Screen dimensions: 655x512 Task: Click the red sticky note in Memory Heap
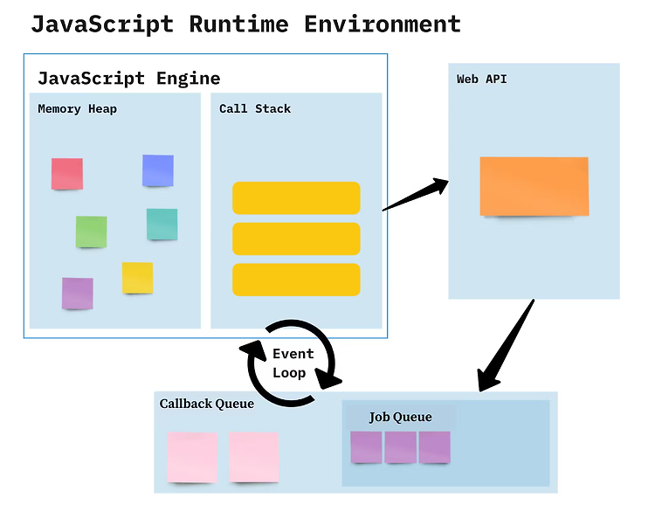(x=67, y=174)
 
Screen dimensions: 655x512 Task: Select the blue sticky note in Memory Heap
(x=158, y=170)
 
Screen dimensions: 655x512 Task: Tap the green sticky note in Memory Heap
(x=91, y=232)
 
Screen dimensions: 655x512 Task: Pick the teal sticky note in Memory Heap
(x=162, y=225)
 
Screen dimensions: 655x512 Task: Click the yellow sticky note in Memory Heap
(x=137, y=278)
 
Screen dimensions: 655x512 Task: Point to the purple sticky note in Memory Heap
(x=77, y=294)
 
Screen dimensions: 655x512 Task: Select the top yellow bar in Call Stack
(x=296, y=198)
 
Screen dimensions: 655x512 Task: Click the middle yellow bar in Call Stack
(x=296, y=239)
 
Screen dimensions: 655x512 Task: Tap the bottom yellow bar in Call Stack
(x=296, y=280)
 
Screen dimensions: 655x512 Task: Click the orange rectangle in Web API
(x=534, y=186)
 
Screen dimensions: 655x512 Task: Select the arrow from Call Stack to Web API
(x=416, y=195)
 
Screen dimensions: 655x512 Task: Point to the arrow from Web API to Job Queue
(x=506, y=345)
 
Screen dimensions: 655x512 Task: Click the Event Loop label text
(x=293, y=363)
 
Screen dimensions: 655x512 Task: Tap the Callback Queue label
(x=207, y=404)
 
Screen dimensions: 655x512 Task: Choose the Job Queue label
(x=400, y=417)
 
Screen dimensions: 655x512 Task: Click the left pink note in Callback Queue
(x=192, y=458)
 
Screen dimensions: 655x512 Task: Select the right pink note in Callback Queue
(x=254, y=458)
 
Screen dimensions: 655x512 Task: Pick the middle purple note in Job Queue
(x=400, y=447)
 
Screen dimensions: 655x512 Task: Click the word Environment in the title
(x=383, y=24)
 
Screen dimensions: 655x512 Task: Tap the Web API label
(x=481, y=79)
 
